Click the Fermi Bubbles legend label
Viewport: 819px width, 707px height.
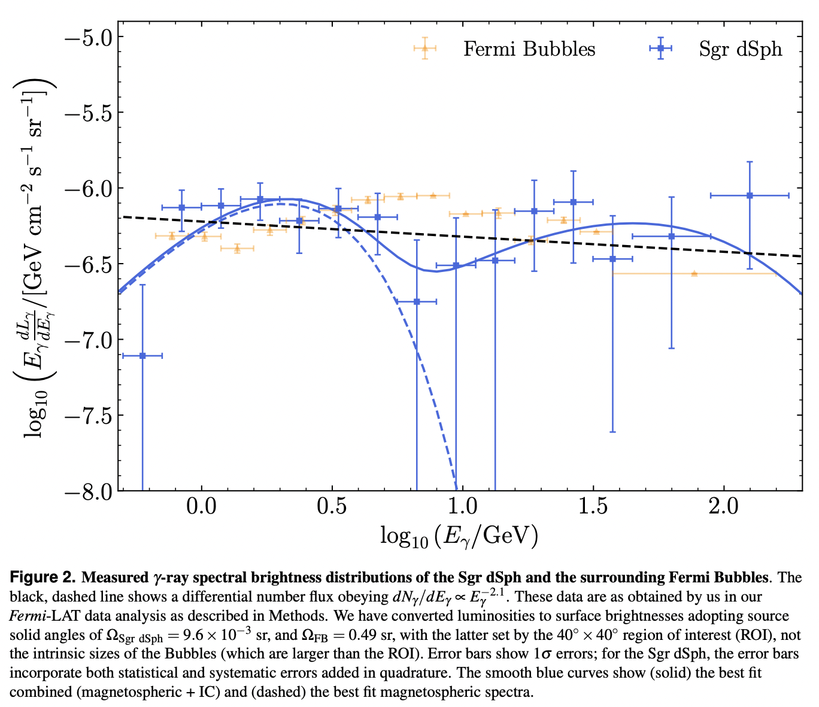[x=529, y=49]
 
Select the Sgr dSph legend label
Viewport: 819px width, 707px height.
[x=740, y=49]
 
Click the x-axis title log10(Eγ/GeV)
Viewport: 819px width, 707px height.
[x=459, y=535]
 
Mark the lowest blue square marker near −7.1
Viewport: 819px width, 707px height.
[x=142, y=356]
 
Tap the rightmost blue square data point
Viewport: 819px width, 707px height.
[x=750, y=195]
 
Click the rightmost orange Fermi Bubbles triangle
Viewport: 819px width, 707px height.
[x=694, y=273]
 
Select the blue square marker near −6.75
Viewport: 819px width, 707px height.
[x=417, y=301]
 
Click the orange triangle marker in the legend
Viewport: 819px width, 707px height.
[x=424, y=49]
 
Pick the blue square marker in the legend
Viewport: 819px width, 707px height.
[x=660, y=49]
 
